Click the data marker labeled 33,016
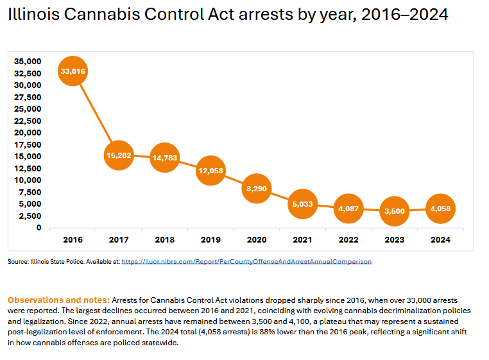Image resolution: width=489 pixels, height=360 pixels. [x=73, y=71]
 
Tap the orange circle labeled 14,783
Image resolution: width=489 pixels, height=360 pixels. [x=164, y=157]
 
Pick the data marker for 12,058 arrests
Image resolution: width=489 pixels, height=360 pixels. [x=210, y=170]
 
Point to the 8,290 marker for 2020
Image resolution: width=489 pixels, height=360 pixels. [x=256, y=188]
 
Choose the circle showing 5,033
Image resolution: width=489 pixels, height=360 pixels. [x=302, y=204]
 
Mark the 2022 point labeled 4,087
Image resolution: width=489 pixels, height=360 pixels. [x=348, y=209]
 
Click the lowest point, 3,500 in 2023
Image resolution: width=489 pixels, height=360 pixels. [x=394, y=211]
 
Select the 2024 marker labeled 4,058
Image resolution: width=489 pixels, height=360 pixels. [x=440, y=209]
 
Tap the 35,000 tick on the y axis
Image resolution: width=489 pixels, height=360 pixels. [x=28, y=62]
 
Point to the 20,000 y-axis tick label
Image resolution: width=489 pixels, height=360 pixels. [x=28, y=133]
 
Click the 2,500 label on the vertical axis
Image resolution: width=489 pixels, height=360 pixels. [x=31, y=216]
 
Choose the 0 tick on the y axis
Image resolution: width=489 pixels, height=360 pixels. [x=39, y=228]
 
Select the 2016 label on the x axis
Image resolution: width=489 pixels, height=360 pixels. [x=73, y=239]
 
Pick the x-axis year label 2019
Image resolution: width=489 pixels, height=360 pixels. [x=210, y=239]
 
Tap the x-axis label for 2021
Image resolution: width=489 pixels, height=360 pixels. [x=302, y=239]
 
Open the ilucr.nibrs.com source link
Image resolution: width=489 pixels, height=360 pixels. [x=246, y=262]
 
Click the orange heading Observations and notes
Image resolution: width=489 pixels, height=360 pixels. [x=58, y=300]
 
